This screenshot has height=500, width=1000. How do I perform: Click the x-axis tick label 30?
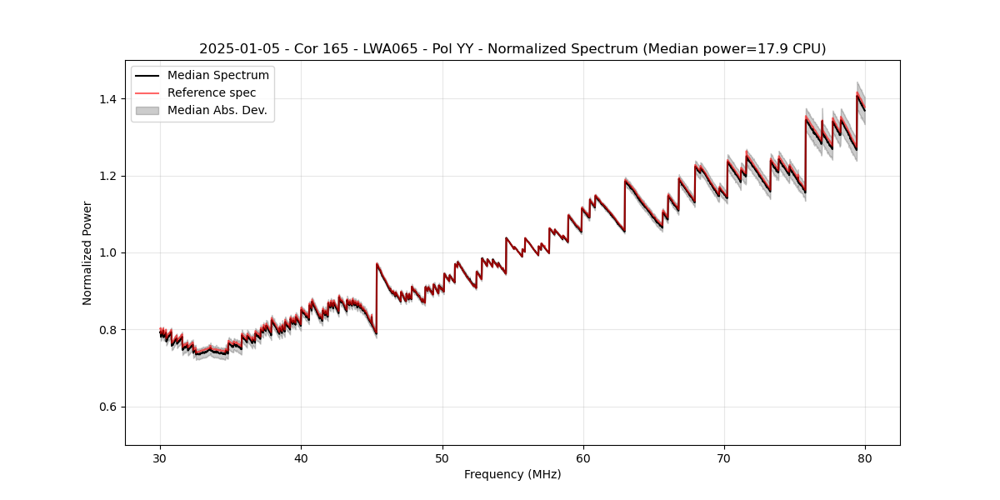[160, 457]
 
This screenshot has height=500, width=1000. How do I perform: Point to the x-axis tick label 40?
[301, 457]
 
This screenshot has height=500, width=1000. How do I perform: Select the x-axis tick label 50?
[442, 457]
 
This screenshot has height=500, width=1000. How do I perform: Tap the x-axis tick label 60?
[583, 457]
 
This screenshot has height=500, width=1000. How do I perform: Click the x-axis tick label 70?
[724, 457]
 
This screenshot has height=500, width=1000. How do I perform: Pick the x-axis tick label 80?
[865, 457]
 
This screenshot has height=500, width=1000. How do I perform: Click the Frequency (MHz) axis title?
[512, 474]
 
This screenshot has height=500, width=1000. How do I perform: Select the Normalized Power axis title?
[87, 252]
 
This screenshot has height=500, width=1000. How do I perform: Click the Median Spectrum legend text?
[217, 76]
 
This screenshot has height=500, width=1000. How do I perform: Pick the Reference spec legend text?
[212, 92]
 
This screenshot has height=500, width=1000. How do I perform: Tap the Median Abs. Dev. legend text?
[217, 110]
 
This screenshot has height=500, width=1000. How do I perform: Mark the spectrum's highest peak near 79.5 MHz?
[857, 93]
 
